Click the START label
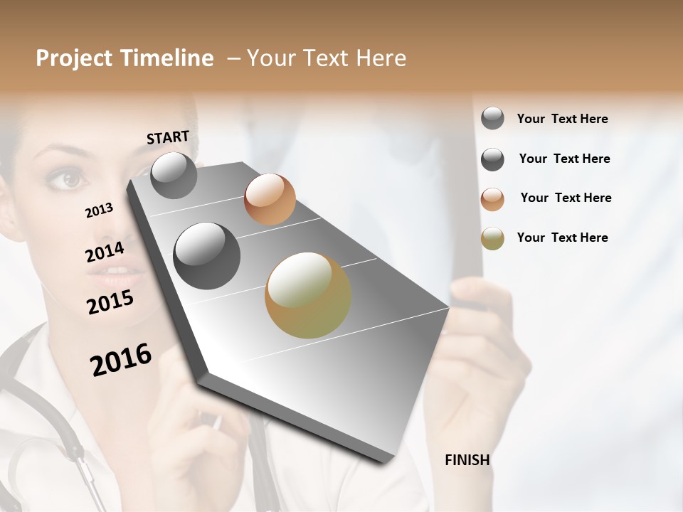coord(168,137)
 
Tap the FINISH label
coord(467,460)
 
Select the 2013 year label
coord(99,210)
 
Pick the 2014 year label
coord(105,252)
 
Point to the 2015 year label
coord(110,302)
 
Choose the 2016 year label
coord(121,359)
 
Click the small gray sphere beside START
coord(174,175)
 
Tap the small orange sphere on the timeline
coord(270,199)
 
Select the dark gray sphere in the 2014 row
coord(207,256)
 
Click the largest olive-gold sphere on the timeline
coord(308,295)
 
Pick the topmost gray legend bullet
coord(492,119)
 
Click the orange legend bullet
coord(492,198)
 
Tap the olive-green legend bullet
coord(492,238)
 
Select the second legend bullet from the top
coord(492,159)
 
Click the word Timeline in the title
coord(166,58)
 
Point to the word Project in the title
coord(75,58)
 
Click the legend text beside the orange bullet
coord(566,198)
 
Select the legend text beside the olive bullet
coord(562,238)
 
